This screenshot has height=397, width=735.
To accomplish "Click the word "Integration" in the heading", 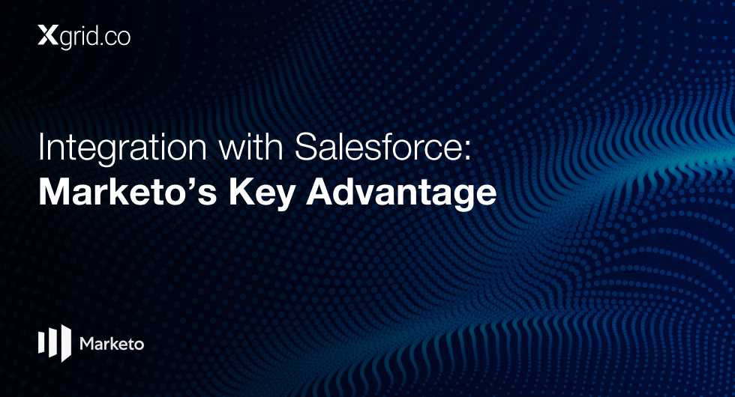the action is coord(122,148).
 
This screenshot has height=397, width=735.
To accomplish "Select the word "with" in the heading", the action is coord(250,147).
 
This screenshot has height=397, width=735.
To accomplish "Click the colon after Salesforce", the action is coord(467,151).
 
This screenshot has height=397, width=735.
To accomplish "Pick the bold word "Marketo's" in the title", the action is coord(127,193).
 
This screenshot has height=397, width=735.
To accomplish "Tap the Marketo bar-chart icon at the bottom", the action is coord(55,343).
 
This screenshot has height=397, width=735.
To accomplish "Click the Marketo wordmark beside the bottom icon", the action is coord(112,344).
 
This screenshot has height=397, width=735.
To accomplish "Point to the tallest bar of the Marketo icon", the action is coord(66,343).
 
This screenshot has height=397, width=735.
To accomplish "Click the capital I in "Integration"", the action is coord(40,147).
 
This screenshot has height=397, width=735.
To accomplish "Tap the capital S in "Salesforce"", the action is coord(306,147).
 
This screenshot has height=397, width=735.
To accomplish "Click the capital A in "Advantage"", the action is coord(319,192).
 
